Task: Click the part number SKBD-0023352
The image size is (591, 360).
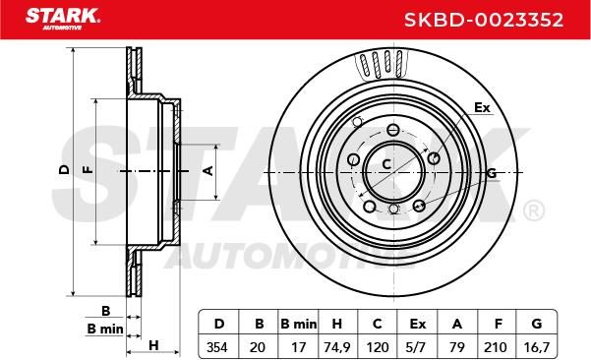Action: point(484,20)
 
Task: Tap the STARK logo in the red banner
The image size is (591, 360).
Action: point(63,18)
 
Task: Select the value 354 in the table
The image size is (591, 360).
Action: point(217,347)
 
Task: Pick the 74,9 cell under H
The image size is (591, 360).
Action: point(337,347)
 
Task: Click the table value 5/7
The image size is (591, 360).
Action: point(417,347)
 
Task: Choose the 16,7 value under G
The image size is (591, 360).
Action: point(536,347)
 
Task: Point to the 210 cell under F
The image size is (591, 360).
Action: point(496,347)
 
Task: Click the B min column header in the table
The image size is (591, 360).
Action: point(299,324)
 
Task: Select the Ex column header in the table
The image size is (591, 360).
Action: point(418,324)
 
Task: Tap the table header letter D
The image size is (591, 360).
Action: point(219,324)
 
